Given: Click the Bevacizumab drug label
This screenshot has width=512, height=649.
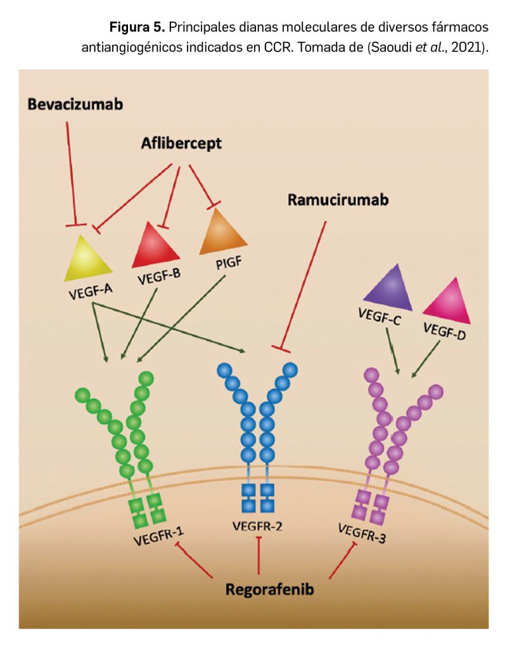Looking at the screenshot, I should [x=75, y=104].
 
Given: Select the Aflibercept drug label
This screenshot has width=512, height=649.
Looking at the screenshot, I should [x=181, y=143].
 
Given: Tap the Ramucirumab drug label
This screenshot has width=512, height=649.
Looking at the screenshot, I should [x=338, y=200].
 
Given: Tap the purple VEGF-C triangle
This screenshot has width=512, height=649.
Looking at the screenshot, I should [x=388, y=288].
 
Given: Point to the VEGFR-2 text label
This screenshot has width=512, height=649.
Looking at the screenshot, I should [x=258, y=525].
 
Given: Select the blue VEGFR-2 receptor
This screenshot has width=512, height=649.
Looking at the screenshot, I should [x=257, y=431].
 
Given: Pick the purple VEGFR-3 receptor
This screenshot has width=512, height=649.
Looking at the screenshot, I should [x=387, y=437].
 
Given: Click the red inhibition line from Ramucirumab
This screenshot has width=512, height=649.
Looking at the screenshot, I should [x=304, y=285].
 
